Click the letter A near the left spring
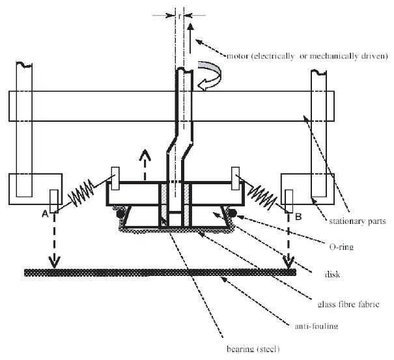coord(45,214)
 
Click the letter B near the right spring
coord(298,216)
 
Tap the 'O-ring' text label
coord(341,247)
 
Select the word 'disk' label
coord(332,274)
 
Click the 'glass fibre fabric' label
coord(348,304)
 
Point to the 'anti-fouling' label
coord(317,326)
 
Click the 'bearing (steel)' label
coord(253,349)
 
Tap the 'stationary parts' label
coord(358,221)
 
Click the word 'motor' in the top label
coord(238,56)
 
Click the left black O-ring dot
coord(120,214)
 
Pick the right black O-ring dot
coord(232,214)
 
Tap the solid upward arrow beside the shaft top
coord(190,38)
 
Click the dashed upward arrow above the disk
coord(145,165)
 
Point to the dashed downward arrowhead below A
coord(54,262)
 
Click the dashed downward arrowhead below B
coord(288,262)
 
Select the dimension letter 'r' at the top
coord(179,16)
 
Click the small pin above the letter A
coord(54,201)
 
